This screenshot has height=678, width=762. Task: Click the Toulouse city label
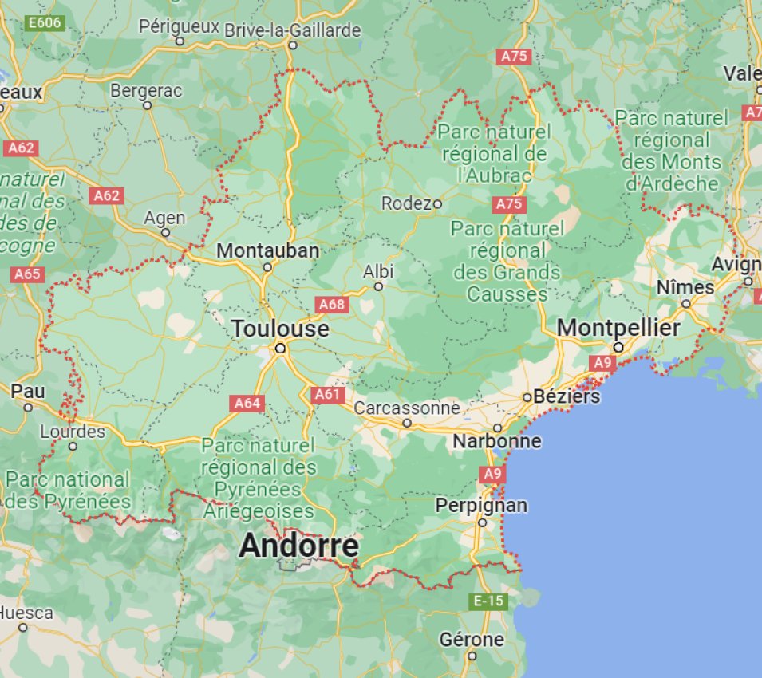coord(280,329)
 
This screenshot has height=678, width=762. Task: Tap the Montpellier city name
coord(618,328)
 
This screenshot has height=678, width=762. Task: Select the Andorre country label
coord(298,546)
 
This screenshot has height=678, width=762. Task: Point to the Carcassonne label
coord(407,408)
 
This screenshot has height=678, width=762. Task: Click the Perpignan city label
coord(481,505)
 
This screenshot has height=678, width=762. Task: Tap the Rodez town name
coord(406,203)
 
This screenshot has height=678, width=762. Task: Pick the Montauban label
coord(267,250)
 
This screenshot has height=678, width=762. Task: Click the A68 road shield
coord(331,304)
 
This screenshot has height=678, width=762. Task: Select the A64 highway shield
coord(247,404)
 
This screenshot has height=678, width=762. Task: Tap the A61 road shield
coord(327,394)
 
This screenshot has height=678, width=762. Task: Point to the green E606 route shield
coord(45,23)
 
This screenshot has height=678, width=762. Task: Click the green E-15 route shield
coord(488,601)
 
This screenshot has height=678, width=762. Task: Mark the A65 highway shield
coord(27,274)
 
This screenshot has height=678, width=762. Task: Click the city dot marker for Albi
coord(378,286)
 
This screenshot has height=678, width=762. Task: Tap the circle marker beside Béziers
coord(527,396)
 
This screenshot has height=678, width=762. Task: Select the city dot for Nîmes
coord(685,304)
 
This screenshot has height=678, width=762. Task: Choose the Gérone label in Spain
coord(472,639)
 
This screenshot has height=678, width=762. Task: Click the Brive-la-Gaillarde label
coord(293,30)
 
